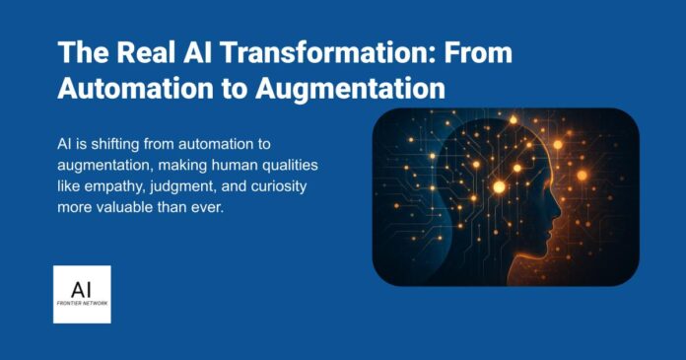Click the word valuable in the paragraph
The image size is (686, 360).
click(132, 210)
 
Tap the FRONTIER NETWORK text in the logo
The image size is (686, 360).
click(82, 303)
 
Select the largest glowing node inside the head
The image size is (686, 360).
click(500, 185)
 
